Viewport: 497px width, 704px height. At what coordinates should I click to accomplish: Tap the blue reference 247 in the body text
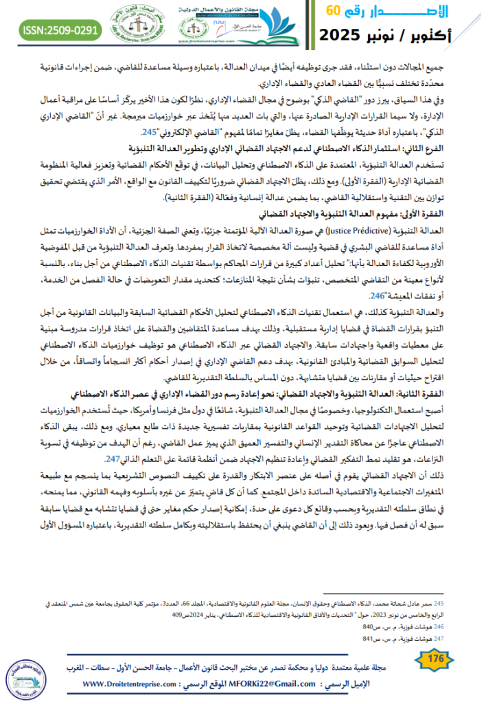113,459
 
